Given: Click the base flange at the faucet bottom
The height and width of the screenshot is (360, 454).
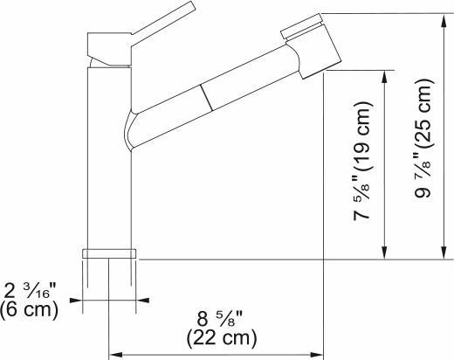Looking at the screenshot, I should (x=109, y=253).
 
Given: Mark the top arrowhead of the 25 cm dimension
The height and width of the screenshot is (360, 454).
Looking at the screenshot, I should (x=444, y=19).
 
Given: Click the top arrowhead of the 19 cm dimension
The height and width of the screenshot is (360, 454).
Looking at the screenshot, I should (x=382, y=76).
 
